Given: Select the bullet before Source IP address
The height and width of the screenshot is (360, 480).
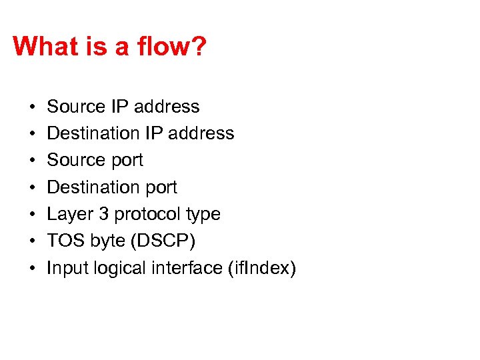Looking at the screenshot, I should [x=31, y=107].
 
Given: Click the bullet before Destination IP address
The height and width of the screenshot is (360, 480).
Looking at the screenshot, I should [x=31, y=134].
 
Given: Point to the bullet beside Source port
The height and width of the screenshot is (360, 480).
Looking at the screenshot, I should [x=31, y=161].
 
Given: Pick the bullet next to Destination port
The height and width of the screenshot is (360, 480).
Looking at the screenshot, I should [x=31, y=188].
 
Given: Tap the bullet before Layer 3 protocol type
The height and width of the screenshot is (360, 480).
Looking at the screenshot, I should [x=31, y=215].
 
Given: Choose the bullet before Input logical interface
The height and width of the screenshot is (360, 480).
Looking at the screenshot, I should [x=31, y=269].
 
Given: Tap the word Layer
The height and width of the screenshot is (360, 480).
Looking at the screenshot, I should [x=69, y=215].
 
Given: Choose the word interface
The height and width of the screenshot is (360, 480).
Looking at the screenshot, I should [x=187, y=268].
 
